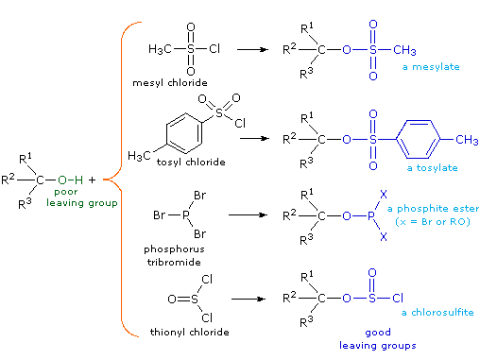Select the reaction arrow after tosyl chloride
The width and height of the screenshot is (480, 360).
[x=255, y=137]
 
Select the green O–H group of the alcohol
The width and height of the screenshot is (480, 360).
[x=72, y=178]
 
